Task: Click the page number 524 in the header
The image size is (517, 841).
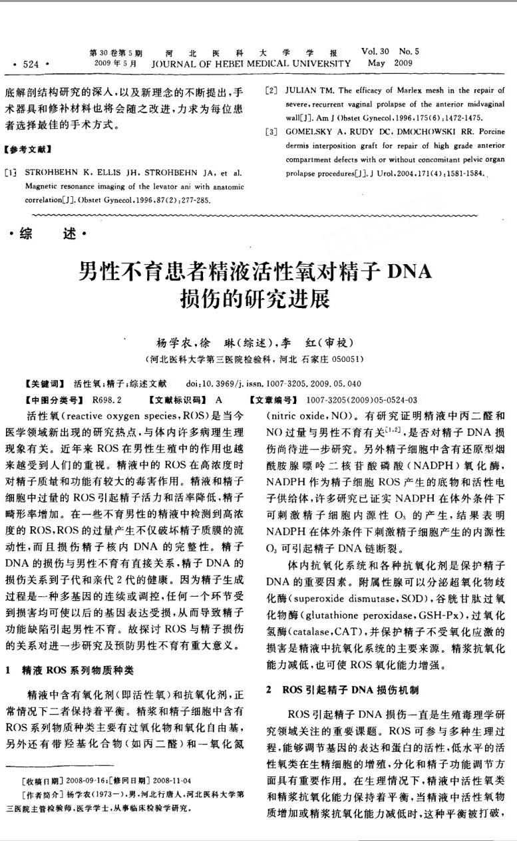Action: click(31, 64)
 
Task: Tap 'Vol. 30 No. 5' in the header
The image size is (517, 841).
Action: click(391, 51)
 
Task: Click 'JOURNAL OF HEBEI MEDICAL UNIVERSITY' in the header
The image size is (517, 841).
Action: click(252, 64)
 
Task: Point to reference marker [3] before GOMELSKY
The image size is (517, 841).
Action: click(271, 132)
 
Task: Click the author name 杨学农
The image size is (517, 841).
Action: click(174, 343)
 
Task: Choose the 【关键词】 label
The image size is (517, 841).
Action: click(44, 385)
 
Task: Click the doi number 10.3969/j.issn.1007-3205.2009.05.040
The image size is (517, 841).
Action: click(283, 385)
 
